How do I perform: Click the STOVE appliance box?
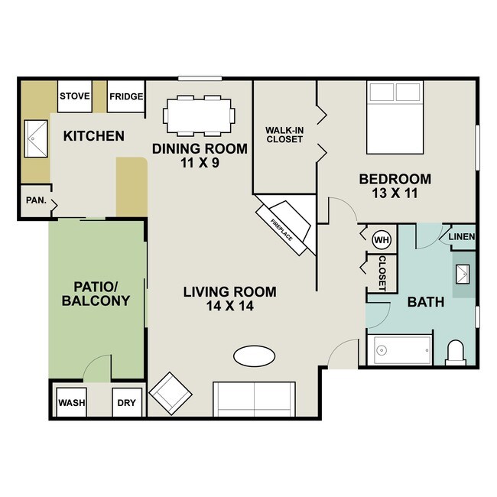click(75, 96)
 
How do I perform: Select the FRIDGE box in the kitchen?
click(125, 96)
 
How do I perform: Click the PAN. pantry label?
click(35, 202)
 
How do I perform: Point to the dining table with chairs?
click(199, 115)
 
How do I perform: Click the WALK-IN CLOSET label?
click(284, 135)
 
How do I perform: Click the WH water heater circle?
click(382, 239)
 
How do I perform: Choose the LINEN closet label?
click(462, 237)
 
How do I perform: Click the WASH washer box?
click(72, 402)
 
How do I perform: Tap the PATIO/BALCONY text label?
click(96, 294)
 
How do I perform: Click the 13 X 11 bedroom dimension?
click(395, 195)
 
